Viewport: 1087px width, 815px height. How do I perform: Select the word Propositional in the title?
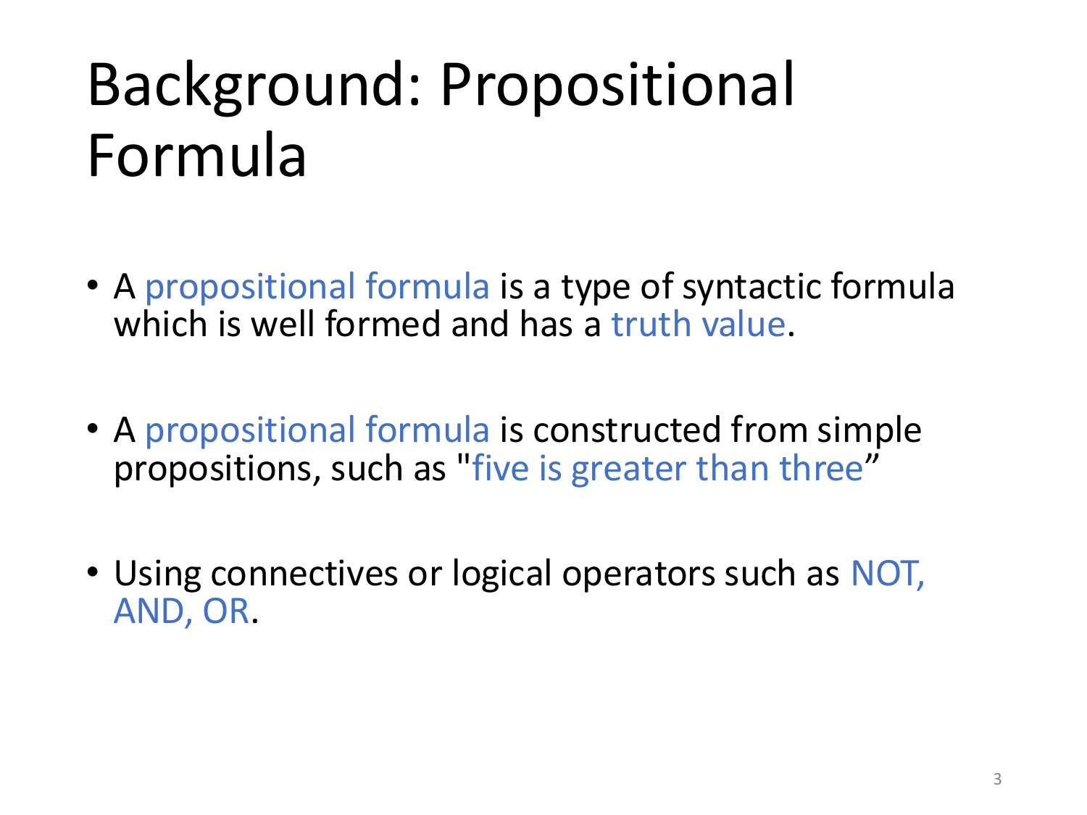[x=617, y=85]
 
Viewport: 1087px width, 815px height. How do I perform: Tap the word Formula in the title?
[x=196, y=155]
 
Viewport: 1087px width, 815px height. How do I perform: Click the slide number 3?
[x=997, y=780]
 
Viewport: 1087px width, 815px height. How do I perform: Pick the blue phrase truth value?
[x=698, y=324]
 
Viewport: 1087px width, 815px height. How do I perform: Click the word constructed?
[x=627, y=430]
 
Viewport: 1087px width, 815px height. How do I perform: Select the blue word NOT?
[x=885, y=573]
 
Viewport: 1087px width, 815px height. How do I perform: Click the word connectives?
[x=304, y=573]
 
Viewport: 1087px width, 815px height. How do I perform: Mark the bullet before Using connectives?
[x=92, y=572]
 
